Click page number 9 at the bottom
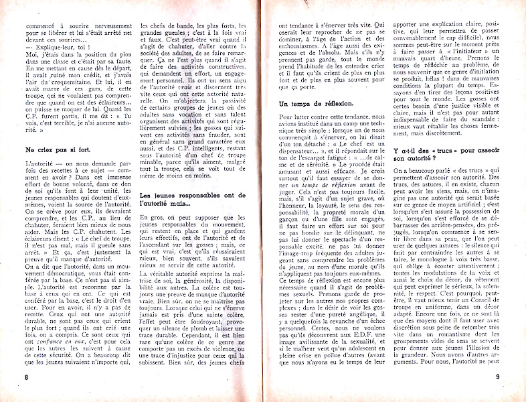pos(499,377)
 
